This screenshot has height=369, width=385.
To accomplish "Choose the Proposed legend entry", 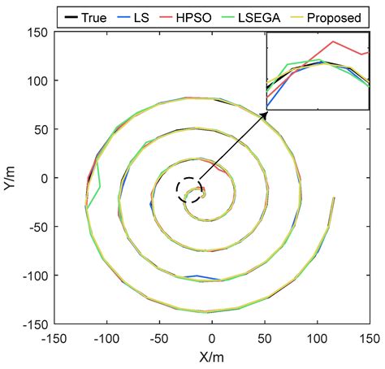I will coord(344,15).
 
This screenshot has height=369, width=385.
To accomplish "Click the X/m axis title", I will coord(212,355).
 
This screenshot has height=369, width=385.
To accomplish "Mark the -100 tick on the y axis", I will coord(36,275).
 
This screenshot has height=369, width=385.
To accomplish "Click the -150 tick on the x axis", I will coord(54,335).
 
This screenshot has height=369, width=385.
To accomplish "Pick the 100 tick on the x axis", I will coord(317,335).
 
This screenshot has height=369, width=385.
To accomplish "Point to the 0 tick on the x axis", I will coord(212,335).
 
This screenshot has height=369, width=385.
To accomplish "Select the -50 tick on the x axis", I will coord(159,335).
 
